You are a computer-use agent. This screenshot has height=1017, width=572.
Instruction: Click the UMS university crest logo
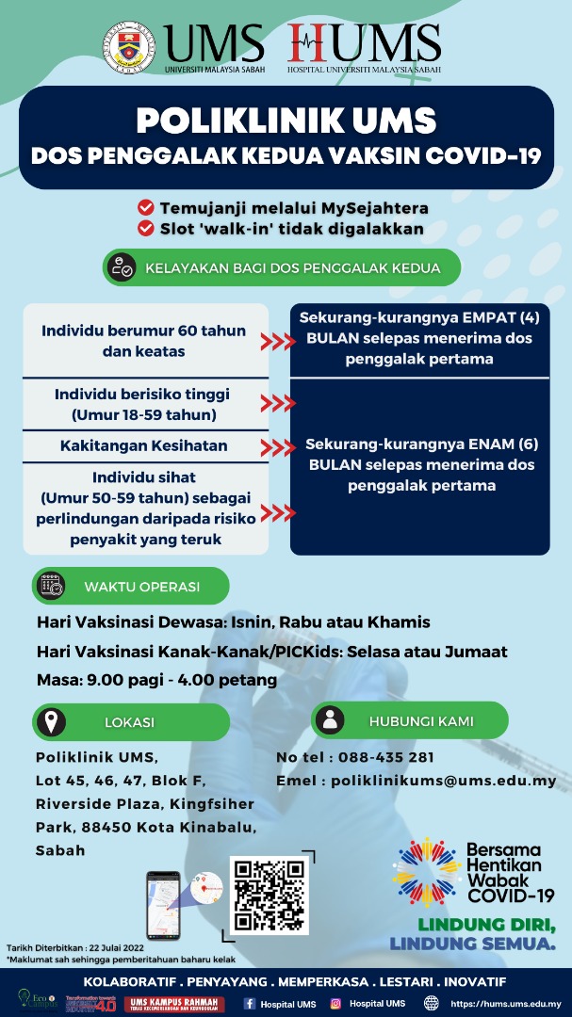coord(131,48)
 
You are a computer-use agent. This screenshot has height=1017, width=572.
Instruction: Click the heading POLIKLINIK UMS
coord(286,121)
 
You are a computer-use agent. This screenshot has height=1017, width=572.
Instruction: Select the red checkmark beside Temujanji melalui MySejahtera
coord(146,207)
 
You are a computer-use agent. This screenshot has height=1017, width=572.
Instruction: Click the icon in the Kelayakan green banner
coord(121,267)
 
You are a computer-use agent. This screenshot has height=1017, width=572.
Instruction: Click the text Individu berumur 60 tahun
coord(144,331)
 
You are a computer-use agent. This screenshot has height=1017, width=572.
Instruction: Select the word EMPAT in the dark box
coord(502,317)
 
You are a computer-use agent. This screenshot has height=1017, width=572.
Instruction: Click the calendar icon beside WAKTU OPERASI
coord(50,586)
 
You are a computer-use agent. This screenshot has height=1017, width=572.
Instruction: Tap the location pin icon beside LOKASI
coord(50,722)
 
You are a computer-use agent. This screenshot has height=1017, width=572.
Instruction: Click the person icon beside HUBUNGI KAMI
coord(329,721)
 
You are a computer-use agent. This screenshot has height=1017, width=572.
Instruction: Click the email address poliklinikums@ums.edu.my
coord(443,781)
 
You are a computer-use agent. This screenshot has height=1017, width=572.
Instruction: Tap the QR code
coord(268,893)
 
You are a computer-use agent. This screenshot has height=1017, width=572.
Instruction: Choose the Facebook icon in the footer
coord(249,1004)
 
